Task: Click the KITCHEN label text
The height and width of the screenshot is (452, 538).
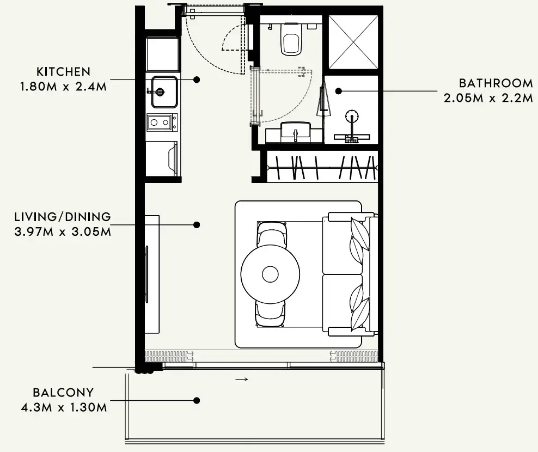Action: click(x=64, y=72)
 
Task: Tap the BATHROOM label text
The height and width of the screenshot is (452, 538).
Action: click(x=496, y=83)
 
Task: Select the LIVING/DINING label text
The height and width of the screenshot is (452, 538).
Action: click(x=63, y=217)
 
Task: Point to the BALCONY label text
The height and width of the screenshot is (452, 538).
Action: click(x=63, y=392)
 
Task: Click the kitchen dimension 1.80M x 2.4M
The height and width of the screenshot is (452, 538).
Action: click(x=64, y=87)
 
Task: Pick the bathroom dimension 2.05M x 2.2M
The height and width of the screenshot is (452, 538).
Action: click(x=488, y=98)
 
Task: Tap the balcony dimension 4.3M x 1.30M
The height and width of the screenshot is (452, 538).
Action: click(x=64, y=407)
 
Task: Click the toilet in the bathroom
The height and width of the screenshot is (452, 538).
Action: click(x=291, y=39)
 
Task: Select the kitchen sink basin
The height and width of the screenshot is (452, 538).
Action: click(x=164, y=91)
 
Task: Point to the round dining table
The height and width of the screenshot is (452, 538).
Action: click(x=271, y=274)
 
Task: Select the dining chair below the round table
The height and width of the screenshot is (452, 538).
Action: click(x=271, y=314)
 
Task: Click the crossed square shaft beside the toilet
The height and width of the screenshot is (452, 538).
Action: click(x=353, y=42)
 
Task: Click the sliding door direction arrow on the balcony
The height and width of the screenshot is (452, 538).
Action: click(x=242, y=379)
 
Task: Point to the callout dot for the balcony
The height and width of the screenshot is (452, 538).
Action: click(x=197, y=400)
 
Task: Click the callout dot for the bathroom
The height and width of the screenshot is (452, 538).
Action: click(x=339, y=91)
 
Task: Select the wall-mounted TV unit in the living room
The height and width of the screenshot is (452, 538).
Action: click(x=152, y=274)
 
